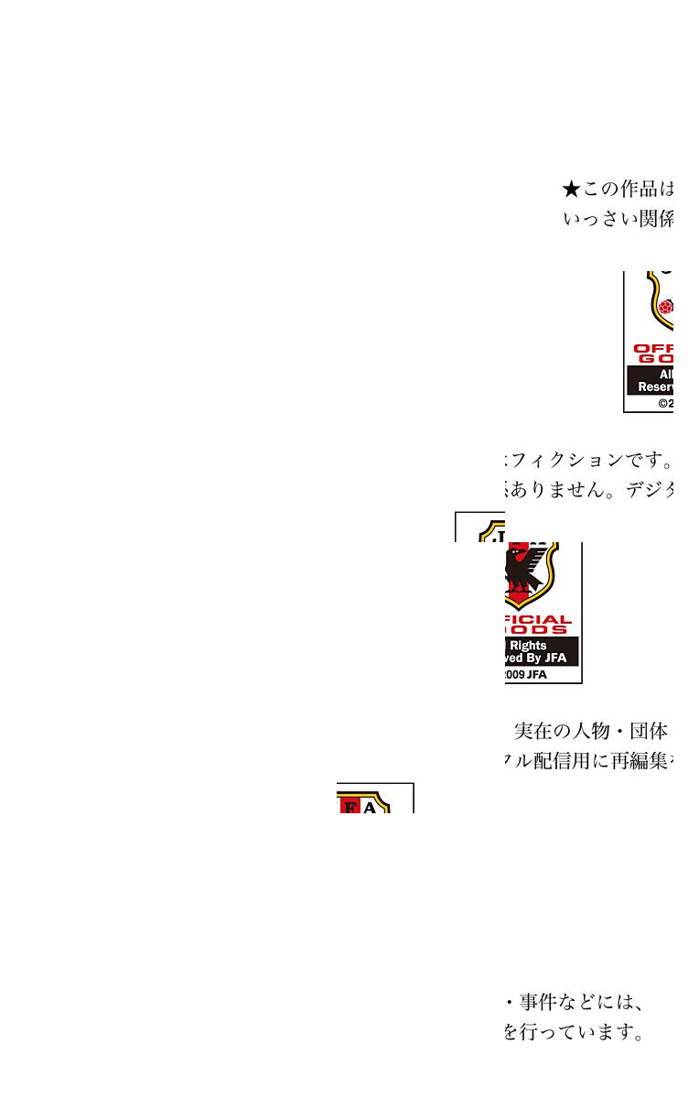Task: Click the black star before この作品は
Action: (x=571, y=190)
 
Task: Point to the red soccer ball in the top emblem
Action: (x=666, y=308)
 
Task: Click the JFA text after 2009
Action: (x=537, y=675)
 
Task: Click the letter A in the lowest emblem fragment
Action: (x=370, y=808)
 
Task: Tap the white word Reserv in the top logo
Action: (x=656, y=387)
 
